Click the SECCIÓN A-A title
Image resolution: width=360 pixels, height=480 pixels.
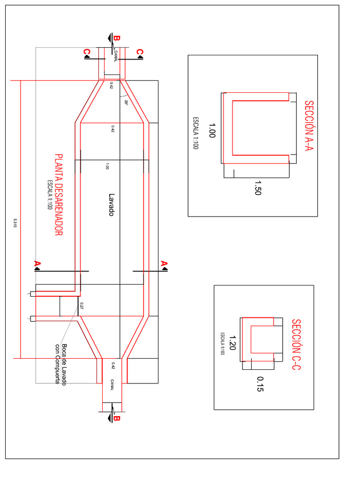(x=308, y=126)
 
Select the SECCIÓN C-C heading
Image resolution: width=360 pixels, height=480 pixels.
(x=295, y=345)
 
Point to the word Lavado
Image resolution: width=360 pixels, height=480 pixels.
(x=112, y=205)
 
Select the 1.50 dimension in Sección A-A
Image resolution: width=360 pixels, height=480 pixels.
(x=257, y=188)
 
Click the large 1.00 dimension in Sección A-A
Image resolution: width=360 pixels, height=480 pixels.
(x=211, y=130)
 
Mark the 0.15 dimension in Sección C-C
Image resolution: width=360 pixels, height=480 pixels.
(x=260, y=384)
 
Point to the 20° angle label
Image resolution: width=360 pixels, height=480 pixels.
(x=126, y=102)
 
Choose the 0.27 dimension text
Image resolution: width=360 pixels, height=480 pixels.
(x=82, y=306)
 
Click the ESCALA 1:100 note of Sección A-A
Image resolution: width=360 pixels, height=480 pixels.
(x=196, y=133)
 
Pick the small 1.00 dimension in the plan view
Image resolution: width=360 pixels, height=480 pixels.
(x=107, y=166)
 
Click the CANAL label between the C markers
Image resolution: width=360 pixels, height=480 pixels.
(x=116, y=57)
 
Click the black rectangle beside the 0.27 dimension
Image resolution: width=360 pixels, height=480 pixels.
(x=69, y=306)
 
